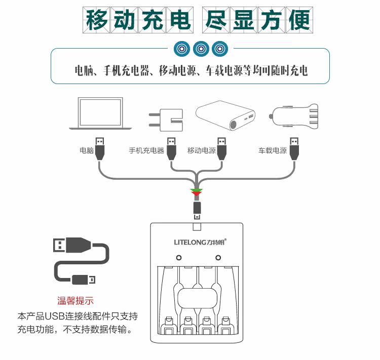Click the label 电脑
[87, 150]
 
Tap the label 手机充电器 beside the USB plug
[146, 150]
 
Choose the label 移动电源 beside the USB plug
[202, 150]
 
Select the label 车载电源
[273, 150]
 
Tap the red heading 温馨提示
[75, 301]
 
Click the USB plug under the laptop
[100, 147]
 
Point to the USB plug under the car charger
[293, 147]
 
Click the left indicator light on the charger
[179, 258]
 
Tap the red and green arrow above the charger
[197, 192]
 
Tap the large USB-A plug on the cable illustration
[71, 247]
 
